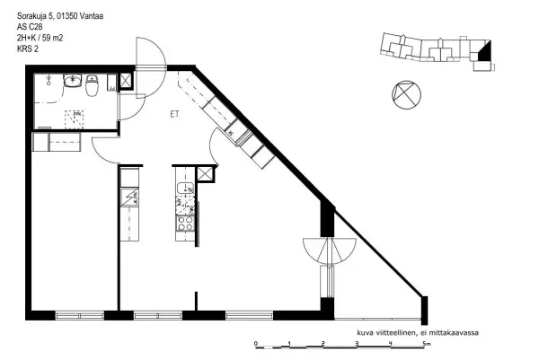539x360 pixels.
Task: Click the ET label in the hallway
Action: click(174, 114)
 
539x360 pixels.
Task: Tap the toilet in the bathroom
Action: click(92, 85)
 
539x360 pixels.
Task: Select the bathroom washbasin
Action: click(72, 81)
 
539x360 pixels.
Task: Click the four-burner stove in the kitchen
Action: click(185, 223)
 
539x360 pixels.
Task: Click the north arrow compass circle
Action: click(406, 95)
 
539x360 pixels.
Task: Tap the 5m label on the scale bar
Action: click(427, 343)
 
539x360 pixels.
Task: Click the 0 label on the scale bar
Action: click(256, 343)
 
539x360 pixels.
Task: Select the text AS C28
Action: click(30, 27)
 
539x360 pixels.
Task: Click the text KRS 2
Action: click(28, 48)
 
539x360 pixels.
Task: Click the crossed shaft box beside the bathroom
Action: click(125, 82)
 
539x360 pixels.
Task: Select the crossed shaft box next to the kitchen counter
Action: click(205, 174)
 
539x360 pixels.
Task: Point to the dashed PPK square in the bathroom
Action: click(75, 119)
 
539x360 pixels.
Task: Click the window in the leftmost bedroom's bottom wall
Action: click(80, 315)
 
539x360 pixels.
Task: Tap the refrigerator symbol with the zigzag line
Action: click(129, 198)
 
